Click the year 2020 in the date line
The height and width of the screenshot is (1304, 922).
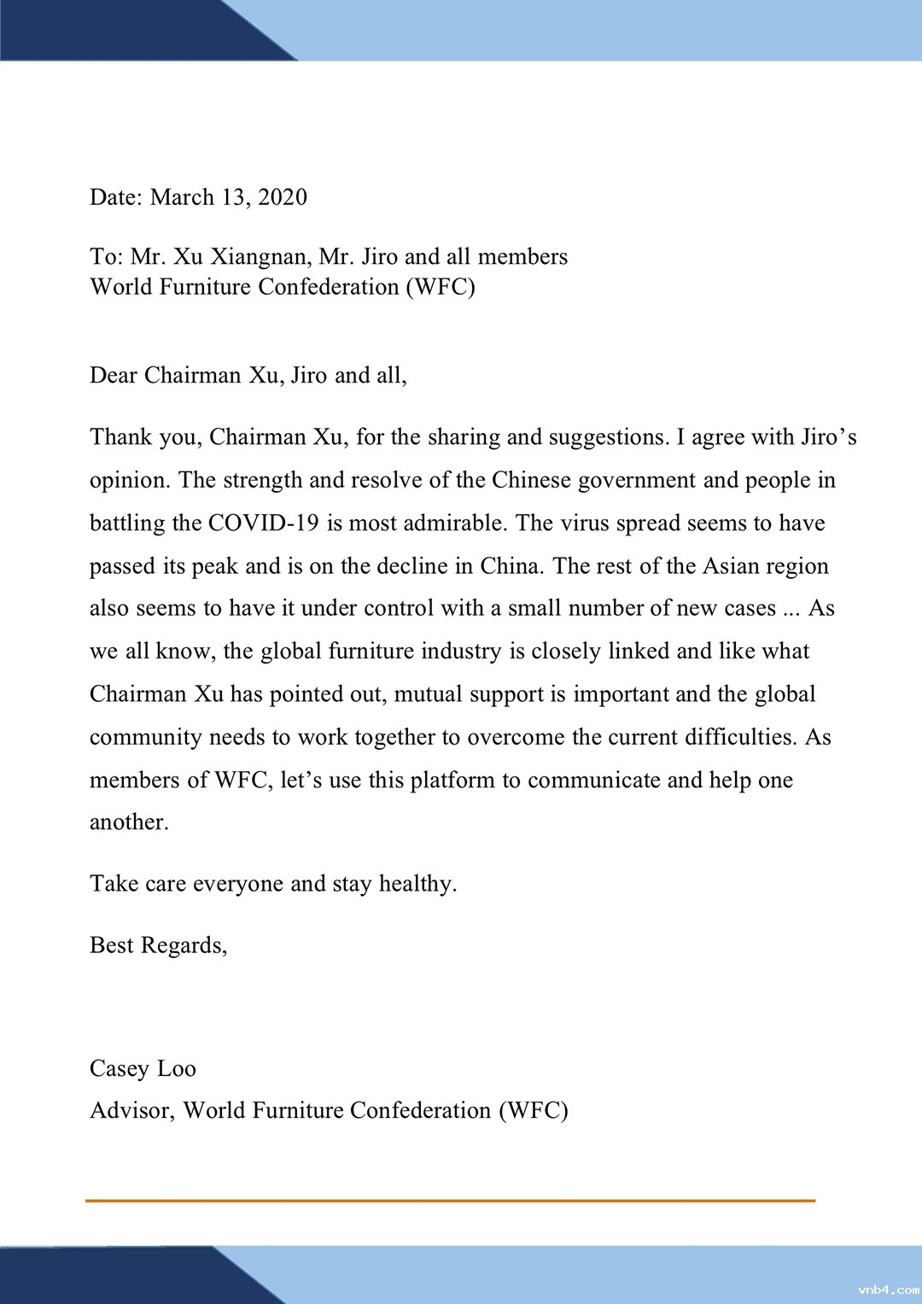(x=282, y=197)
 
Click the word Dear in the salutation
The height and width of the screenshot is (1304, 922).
(x=114, y=376)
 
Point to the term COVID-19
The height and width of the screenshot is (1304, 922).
(x=263, y=523)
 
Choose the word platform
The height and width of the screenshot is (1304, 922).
(x=452, y=781)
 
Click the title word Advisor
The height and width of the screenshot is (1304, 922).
(x=131, y=1111)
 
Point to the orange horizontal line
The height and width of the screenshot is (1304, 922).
(x=450, y=1201)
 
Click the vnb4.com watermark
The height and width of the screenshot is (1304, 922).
(x=888, y=1290)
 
